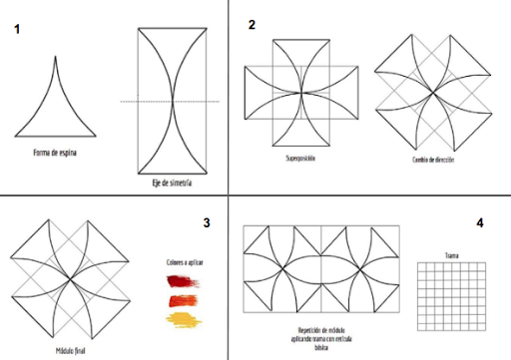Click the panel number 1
pyautogui.click(x=19, y=31)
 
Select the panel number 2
pyautogui.click(x=253, y=24)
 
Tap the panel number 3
pyautogui.click(x=206, y=224)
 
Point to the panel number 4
pyautogui.click(x=480, y=221)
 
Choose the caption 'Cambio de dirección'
pyautogui.click(x=432, y=160)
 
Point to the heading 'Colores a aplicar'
pyautogui.click(x=185, y=263)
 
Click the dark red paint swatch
pyautogui.click(x=185, y=281)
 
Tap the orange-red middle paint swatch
pyautogui.click(x=185, y=299)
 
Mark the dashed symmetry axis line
pyautogui.click(x=165, y=101)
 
